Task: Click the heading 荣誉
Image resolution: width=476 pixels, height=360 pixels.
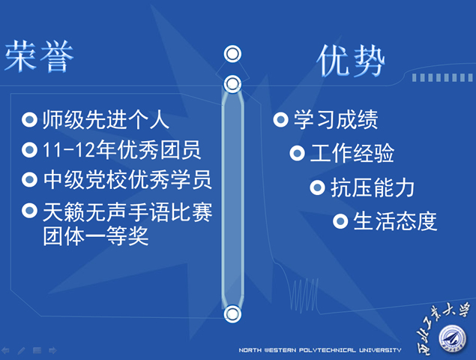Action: pyautogui.click(x=39, y=57)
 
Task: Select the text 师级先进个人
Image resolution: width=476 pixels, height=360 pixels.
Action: pyautogui.click(x=106, y=119)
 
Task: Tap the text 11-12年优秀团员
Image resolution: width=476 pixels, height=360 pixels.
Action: pyautogui.click(x=122, y=150)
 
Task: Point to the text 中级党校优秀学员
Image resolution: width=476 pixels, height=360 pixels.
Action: pyautogui.click(x=127, y=180)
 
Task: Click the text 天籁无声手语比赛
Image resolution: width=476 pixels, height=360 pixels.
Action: pyautogui.click(x=127, y=213)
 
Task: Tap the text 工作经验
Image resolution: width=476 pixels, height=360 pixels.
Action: pyautogui.click(x=352, y=154)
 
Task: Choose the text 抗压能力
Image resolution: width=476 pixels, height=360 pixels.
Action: pyautogui.click(x=373, y=187)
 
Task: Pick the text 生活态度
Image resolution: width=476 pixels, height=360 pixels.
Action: pyautogui.click(x=394, y=220)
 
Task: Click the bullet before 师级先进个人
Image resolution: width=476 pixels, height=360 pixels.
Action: pyautogui.click(x=30, y=119)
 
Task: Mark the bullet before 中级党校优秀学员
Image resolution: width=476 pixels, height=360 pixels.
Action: pyautogui.click(x=30, y=180)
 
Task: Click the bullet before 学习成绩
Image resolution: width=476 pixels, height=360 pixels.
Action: pyautogui.click(x=281, y=119)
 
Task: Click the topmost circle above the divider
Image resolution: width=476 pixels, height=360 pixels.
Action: pyautogui.click(x=233, y=54)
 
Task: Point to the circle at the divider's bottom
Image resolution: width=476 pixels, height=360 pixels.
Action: pyautogui.click(x=232, y=313)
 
